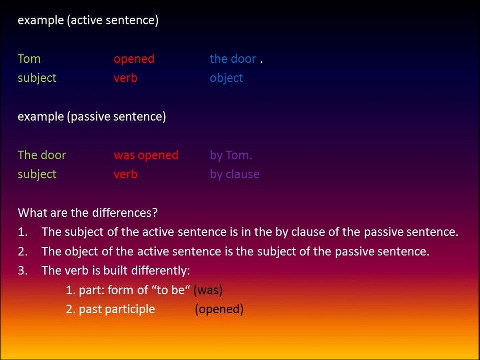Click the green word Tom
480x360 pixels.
click(29, 59)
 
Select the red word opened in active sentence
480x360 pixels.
click(134, 59)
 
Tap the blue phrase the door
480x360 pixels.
click(233, 59)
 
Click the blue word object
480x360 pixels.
click(226, 78)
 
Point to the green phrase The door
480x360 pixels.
click(42, 155)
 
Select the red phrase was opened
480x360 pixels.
click(146, 155)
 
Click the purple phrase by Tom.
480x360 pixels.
click(231, 155)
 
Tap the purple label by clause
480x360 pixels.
click(234, 174)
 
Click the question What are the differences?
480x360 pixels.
click(88, 213)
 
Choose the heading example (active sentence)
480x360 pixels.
click(88, 21)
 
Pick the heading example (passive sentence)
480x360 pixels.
click(92, 117)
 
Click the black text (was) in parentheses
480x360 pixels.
click(208, 290)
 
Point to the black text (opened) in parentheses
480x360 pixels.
click(219, 309)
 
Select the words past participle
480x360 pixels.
click(117, 309)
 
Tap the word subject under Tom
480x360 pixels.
click(37, 78)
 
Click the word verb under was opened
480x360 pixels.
click(125, 174)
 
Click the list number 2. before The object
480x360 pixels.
click(22, 251)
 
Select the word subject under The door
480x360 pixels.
click(37, 174)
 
